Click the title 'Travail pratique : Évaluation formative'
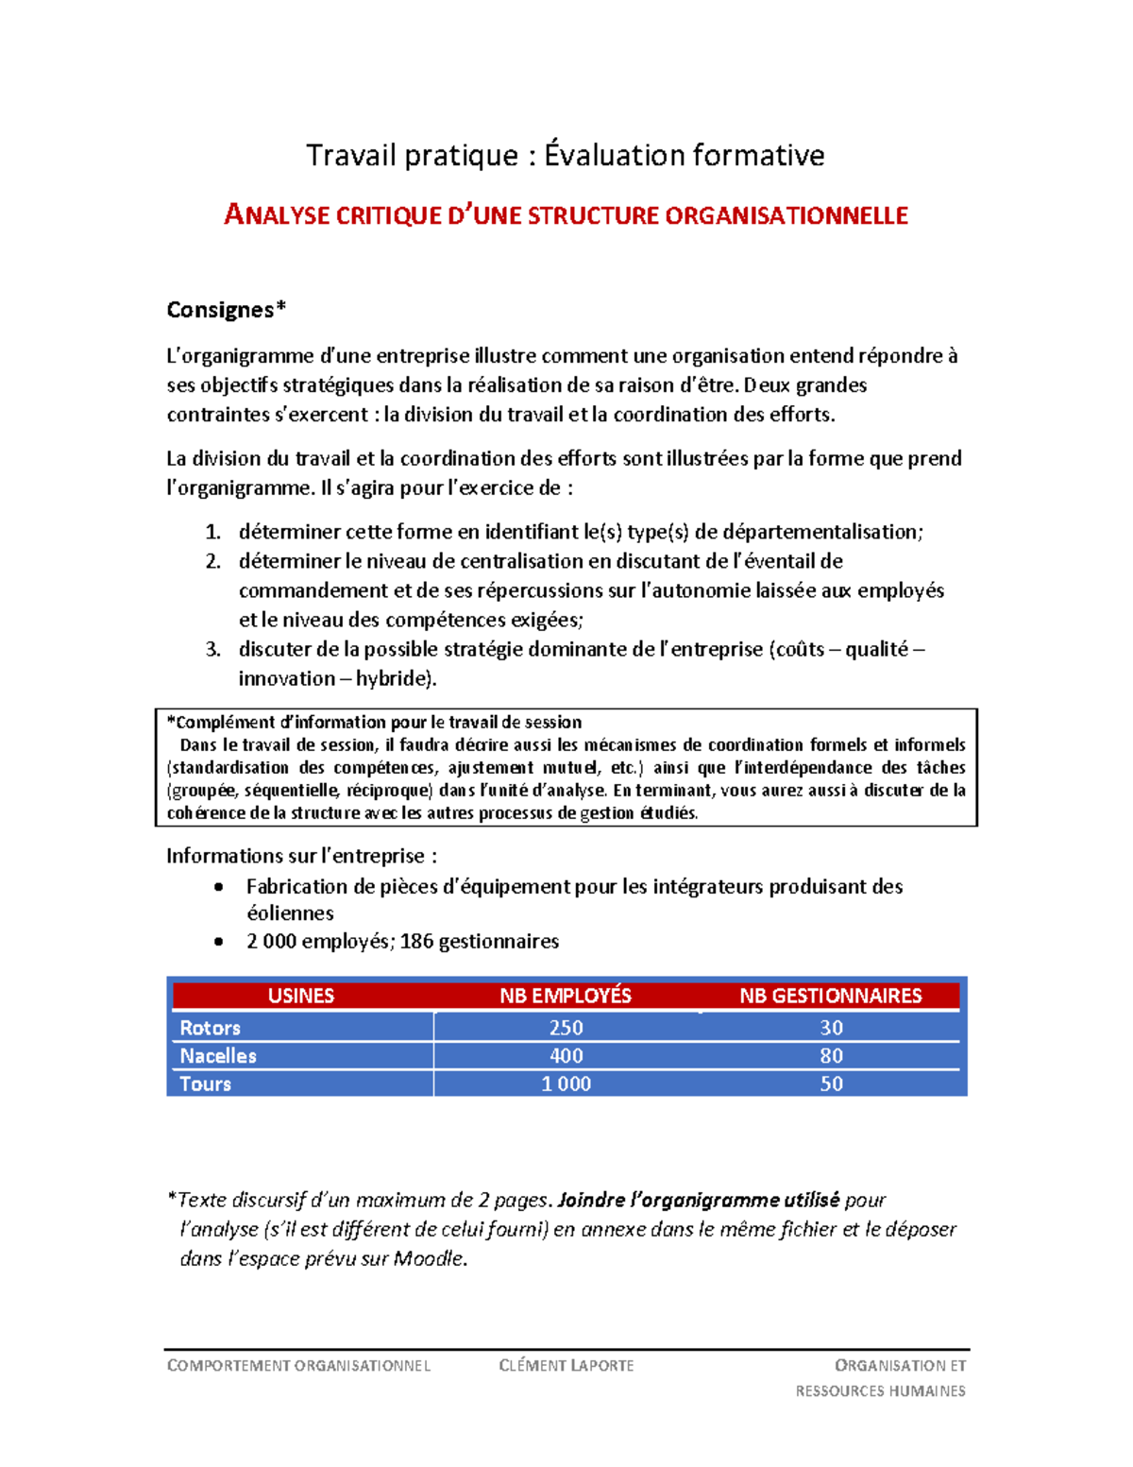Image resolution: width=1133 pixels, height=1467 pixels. click(565, 155)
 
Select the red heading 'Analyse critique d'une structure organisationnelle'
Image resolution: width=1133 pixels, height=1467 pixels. click(566, 215)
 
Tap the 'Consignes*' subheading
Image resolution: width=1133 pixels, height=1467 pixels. click(226, 310)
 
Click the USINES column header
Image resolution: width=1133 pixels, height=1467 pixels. click(300, 996)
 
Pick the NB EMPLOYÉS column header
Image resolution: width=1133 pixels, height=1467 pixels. click(565, 996)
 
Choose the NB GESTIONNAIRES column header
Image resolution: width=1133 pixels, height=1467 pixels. click(830, 996)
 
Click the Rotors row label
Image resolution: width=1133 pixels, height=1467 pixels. click(210, 1028)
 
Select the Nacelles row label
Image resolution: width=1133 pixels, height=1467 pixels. click(218, 1056)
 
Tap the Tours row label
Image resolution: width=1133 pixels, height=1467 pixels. click(205, 1084)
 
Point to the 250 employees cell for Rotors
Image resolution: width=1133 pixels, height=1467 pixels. click(566, 1028)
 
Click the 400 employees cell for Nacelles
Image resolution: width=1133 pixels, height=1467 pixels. click(566, 1056)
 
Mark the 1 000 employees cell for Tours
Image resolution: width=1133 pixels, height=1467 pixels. click(566, 1084)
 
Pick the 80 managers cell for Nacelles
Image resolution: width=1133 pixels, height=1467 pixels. click(831, 1056)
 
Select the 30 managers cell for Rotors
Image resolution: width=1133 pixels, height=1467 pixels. click(831, 1028)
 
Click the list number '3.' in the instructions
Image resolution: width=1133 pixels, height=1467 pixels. click(212, 649)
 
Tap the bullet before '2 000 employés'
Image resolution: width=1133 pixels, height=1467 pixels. click(219, 942)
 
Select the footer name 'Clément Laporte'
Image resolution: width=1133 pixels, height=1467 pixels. click(566, 1366)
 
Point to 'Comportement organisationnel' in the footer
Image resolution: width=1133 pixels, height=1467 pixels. click(298, 1366)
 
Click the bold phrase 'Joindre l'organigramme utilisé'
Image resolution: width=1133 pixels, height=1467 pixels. click(699, 1201)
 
